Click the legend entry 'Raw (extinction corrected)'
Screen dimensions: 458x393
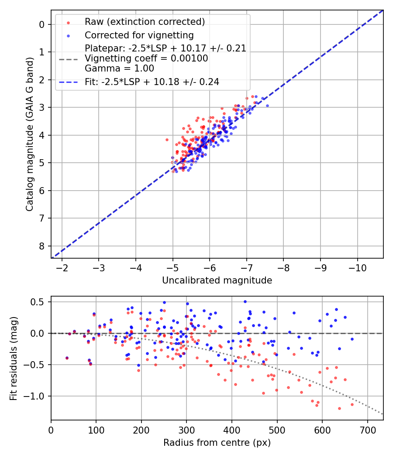click(145, 22)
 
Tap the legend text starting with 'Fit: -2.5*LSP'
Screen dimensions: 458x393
click(152, 82)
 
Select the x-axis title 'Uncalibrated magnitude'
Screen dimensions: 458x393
click(217, 280)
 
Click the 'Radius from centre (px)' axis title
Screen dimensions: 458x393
click(217, 443)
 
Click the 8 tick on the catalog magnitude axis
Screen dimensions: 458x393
click(42, 246)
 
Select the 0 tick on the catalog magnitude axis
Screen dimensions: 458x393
click(42, 24)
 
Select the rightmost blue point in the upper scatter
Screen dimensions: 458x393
click(267, 106)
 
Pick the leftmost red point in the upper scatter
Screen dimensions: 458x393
click(167, 140)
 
